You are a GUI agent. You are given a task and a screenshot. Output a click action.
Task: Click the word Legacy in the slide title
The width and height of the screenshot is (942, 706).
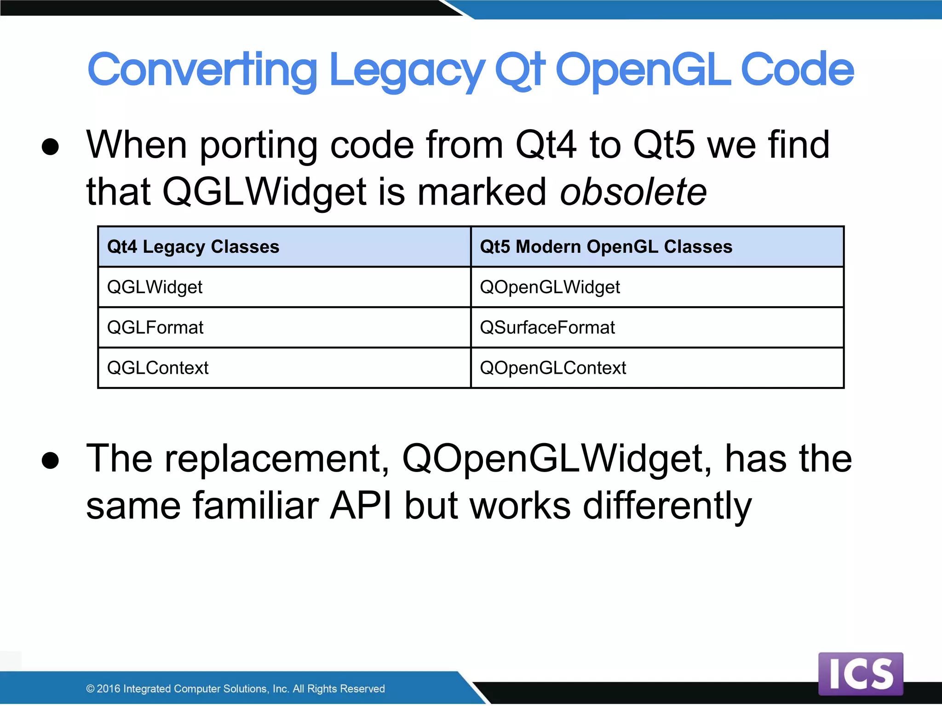click(x=407, y=70)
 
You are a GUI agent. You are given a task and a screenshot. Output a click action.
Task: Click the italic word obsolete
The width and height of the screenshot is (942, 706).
click(x=633, y=192)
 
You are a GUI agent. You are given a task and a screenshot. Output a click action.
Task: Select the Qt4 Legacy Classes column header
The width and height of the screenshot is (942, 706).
click(x=193, y=247)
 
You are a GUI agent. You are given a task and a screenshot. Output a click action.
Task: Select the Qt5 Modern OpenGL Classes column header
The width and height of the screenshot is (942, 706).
click(x=606, y=247)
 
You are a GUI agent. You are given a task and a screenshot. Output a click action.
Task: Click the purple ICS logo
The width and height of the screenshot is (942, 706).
click(x=861, y=674)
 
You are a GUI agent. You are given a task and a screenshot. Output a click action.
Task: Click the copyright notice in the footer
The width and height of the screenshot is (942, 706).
click(x=235, y=689)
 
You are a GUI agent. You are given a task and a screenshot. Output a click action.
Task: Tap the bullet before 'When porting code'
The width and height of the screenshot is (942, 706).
click(x=50, y=147)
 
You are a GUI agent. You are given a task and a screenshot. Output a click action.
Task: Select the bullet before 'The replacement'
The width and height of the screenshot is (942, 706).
click(x=50, y=461)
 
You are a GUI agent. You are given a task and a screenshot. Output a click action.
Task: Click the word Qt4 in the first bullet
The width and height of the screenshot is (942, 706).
click(x=546, y=145)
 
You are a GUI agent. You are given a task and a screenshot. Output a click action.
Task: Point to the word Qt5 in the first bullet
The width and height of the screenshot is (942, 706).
click(x=663, y=145)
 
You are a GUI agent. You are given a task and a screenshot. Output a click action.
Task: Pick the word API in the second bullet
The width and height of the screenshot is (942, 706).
click(x=361, y=506)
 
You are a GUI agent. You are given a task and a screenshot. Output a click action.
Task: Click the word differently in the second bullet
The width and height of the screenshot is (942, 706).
click(x=667, y=506)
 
